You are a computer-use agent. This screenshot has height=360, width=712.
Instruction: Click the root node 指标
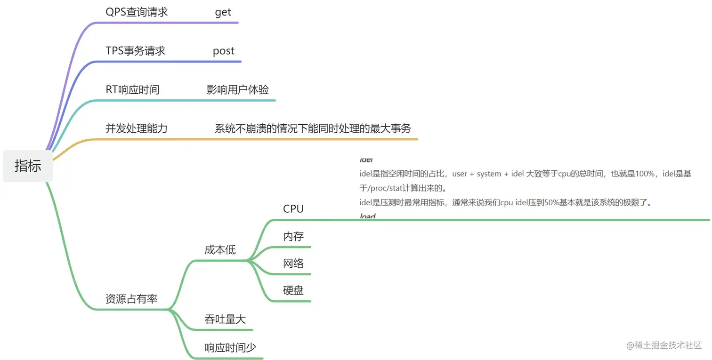pos(28,166)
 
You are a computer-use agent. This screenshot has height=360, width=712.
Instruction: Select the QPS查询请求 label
pos(137,12)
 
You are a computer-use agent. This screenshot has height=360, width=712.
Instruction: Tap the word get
pos(223,12)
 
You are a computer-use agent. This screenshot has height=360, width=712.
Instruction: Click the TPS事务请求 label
pos(136,51)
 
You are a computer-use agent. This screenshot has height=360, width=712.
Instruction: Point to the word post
pos(223,51)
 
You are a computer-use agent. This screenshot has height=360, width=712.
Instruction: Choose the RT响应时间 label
pos(132,89)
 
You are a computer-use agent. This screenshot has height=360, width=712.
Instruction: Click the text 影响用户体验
pos(238,89)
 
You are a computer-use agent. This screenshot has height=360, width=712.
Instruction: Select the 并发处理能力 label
pos(137,128)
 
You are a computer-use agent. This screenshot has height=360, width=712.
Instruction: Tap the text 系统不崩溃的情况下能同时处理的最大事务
pos(313,128)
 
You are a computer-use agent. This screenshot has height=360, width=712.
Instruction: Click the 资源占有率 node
pos(131,299)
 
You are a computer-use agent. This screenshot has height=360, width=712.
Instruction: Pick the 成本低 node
pos(220,250)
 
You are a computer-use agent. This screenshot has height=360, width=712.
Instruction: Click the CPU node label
pos(293,209)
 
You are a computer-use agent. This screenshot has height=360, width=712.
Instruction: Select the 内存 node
pos(293,236)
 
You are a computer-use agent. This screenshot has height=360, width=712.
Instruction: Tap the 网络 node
pos(293,263)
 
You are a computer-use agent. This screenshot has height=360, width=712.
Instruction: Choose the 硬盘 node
pos(293,290)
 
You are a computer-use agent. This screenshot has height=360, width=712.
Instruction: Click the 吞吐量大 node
pos(225,319)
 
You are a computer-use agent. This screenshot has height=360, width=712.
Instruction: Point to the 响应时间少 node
pos(230,348)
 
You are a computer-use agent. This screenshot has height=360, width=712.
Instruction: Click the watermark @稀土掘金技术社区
pos(664,345)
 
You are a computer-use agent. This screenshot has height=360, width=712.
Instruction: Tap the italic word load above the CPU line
pos(367,216)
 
